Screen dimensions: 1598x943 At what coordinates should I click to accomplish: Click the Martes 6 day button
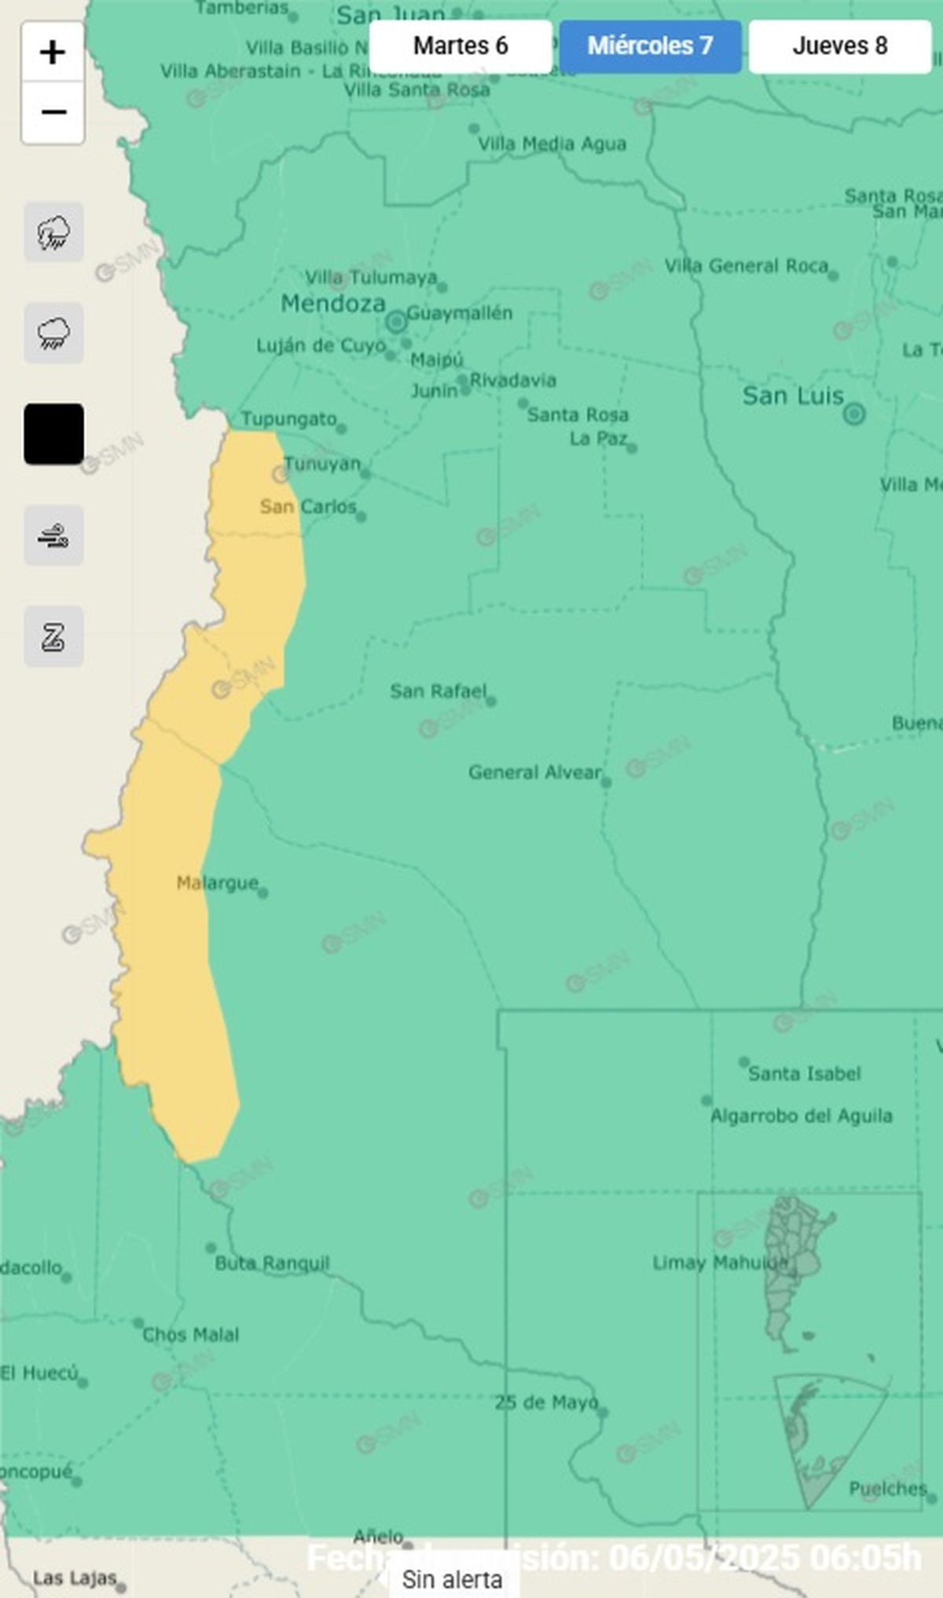click(x=460, y=46)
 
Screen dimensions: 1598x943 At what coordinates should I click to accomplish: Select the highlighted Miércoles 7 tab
click(x=650, y=46)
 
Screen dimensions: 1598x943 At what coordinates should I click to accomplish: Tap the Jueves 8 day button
click(x=839, y=46)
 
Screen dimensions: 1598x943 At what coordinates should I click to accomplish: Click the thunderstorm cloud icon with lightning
click(x=53, y=233)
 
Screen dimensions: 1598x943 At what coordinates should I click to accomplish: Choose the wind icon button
click(x=53, y=536)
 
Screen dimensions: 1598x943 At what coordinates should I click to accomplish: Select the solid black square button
click(x=53, y=434)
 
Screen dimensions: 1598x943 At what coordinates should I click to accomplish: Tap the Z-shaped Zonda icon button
click(x=53, y=636)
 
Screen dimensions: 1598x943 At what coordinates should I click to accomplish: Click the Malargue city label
click(x=217, y=883)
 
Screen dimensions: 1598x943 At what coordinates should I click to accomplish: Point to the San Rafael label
click(x=438, y=691)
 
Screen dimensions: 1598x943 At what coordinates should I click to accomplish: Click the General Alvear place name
click(x=534, y=772)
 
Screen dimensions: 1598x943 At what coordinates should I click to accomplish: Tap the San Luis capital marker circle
click(x=854, y=413)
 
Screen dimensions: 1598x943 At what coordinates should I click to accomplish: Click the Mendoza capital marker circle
click(x=396, y=321)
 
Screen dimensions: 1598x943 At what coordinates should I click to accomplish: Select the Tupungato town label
click(x=288, y=419)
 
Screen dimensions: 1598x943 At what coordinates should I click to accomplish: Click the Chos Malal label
click(x=190, y=1335)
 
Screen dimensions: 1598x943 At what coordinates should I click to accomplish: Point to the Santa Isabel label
click(x=804, y=1074)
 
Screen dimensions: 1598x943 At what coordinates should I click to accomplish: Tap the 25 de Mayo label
click(x=545, y=1402)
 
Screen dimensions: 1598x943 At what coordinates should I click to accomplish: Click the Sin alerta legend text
click(x=452, y=1580)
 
